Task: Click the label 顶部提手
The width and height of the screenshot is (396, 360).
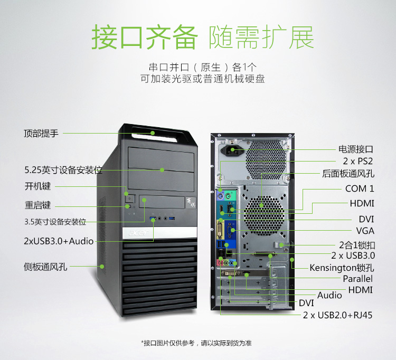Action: pos(41,133)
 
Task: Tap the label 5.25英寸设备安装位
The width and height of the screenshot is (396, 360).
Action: pos(63,170)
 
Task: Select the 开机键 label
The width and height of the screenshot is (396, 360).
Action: pos(37,186)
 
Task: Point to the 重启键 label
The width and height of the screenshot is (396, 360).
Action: pos(37,205)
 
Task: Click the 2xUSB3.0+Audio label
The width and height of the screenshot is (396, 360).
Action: pos(59,241)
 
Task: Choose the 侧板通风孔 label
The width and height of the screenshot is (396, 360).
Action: pos(45,267)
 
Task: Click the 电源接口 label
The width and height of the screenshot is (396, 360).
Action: pos(355,149)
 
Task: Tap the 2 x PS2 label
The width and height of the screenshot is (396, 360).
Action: pos(357,161)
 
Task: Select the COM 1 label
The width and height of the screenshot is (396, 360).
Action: pos(360,188)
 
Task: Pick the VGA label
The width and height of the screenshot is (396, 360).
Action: pos(365,231)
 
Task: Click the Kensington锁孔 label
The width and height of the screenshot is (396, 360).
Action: pos(342,268)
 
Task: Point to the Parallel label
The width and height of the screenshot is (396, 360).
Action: pos(357,279)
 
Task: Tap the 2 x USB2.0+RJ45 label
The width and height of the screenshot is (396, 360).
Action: pos(338,315)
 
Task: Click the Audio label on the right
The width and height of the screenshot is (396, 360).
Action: pos(329,295)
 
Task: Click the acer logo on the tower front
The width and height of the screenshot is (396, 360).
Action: pos(138,232)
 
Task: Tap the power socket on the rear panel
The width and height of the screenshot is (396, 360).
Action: pos(232,151)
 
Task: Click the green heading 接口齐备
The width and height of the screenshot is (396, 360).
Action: pos(145,37)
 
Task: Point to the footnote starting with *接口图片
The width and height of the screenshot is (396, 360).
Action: pos(196,343)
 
